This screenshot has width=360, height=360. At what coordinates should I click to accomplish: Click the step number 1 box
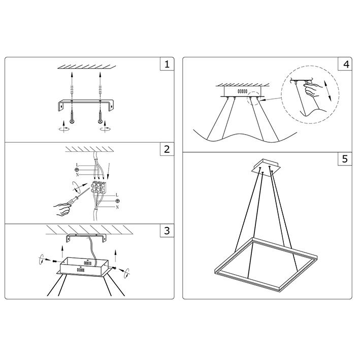167,64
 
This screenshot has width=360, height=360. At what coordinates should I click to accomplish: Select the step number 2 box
167,149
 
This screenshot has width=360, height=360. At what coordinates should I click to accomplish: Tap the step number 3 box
167,231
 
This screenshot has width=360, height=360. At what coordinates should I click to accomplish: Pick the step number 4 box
345,64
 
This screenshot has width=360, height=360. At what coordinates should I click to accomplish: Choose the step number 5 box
345,158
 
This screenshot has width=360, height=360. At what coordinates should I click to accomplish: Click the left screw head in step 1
72,121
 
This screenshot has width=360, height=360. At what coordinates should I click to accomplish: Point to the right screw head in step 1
100,121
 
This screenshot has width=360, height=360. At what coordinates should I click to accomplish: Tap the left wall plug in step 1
72,89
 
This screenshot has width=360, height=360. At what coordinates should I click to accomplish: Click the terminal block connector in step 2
99,187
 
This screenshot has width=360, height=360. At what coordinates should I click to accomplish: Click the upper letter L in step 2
77,165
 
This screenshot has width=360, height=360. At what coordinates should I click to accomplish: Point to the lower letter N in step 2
117,207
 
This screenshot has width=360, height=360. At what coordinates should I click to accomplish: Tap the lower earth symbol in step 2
118,201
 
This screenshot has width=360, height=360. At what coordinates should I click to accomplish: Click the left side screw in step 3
55,261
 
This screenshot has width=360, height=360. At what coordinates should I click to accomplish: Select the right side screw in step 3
114,268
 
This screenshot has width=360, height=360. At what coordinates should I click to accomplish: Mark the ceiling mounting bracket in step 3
86,238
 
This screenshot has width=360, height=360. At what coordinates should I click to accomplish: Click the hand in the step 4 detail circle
312,90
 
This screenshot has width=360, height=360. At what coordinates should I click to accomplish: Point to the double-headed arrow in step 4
328,91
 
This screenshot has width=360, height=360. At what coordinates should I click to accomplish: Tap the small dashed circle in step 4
254,99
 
